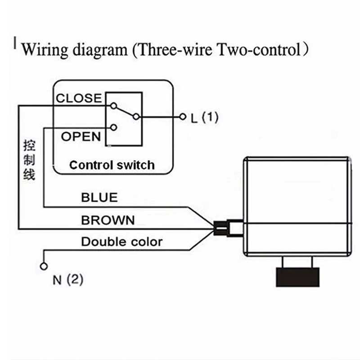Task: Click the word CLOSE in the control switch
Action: tap(79, 98)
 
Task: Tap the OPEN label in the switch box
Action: tap(81, 136)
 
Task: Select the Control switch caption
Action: tap(112, 165)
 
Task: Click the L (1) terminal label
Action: tap(204, 118)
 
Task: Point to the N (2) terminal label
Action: tap(68, 280)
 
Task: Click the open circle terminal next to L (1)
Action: tap(183, 117)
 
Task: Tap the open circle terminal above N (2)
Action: tap(44, 266)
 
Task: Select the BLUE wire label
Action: tap(99, 197)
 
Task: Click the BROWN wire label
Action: tap(108, 220)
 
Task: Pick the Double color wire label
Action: tap(121, 242)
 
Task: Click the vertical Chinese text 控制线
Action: tap(29, 160)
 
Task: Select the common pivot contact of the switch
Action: tap(137, 117)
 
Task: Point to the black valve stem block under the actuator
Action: tap(297, 277)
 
